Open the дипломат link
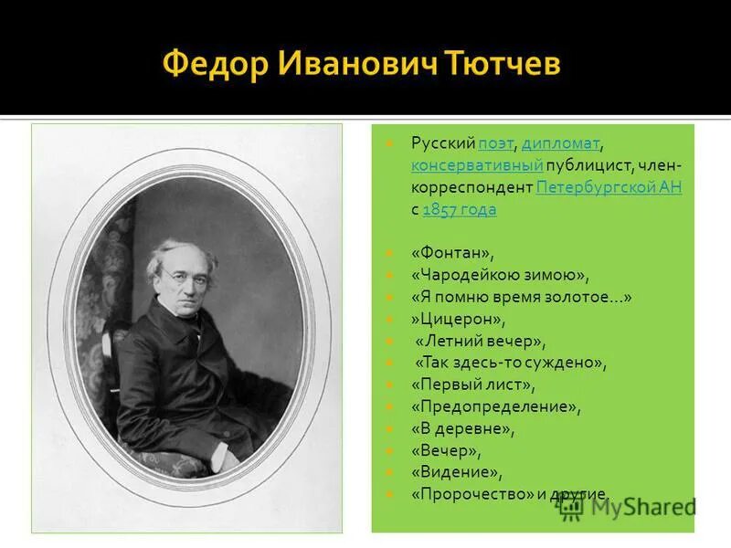(x=560, y=143)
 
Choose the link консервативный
(x=477, y=165)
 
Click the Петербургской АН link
(x=609, y=187)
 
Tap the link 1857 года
(x=460, y=209)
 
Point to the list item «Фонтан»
(x=452, y=253)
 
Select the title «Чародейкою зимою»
(x=500, y=275)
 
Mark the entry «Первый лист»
(x=472, y=385)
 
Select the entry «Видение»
(x=457, y=472)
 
